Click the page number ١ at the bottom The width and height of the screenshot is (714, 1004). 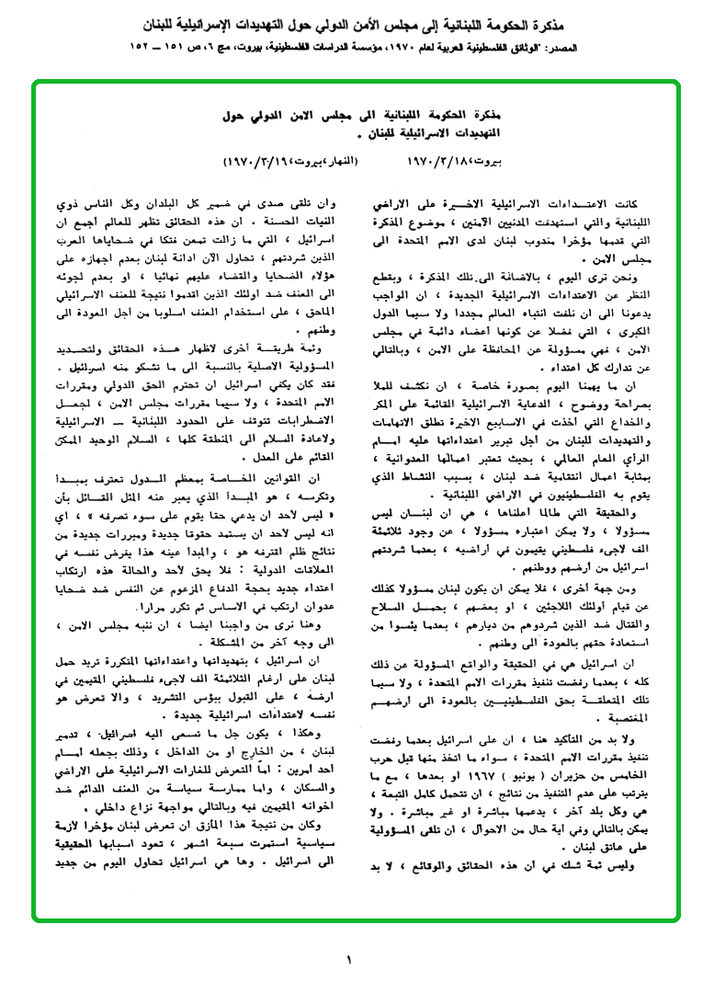coord(349,962)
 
